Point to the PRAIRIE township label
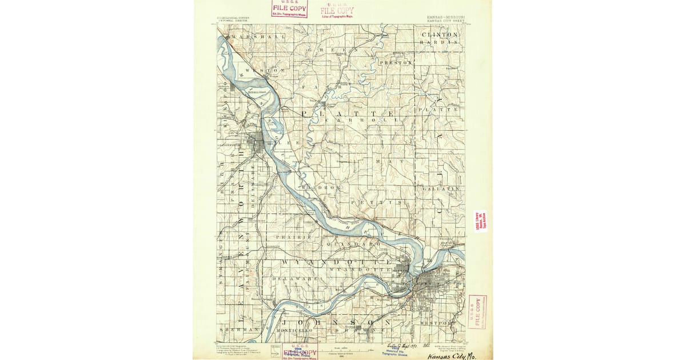pos(294,236)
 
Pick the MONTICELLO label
pos(294,330)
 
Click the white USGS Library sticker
pos(480,221)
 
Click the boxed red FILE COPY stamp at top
pos(290,9)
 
